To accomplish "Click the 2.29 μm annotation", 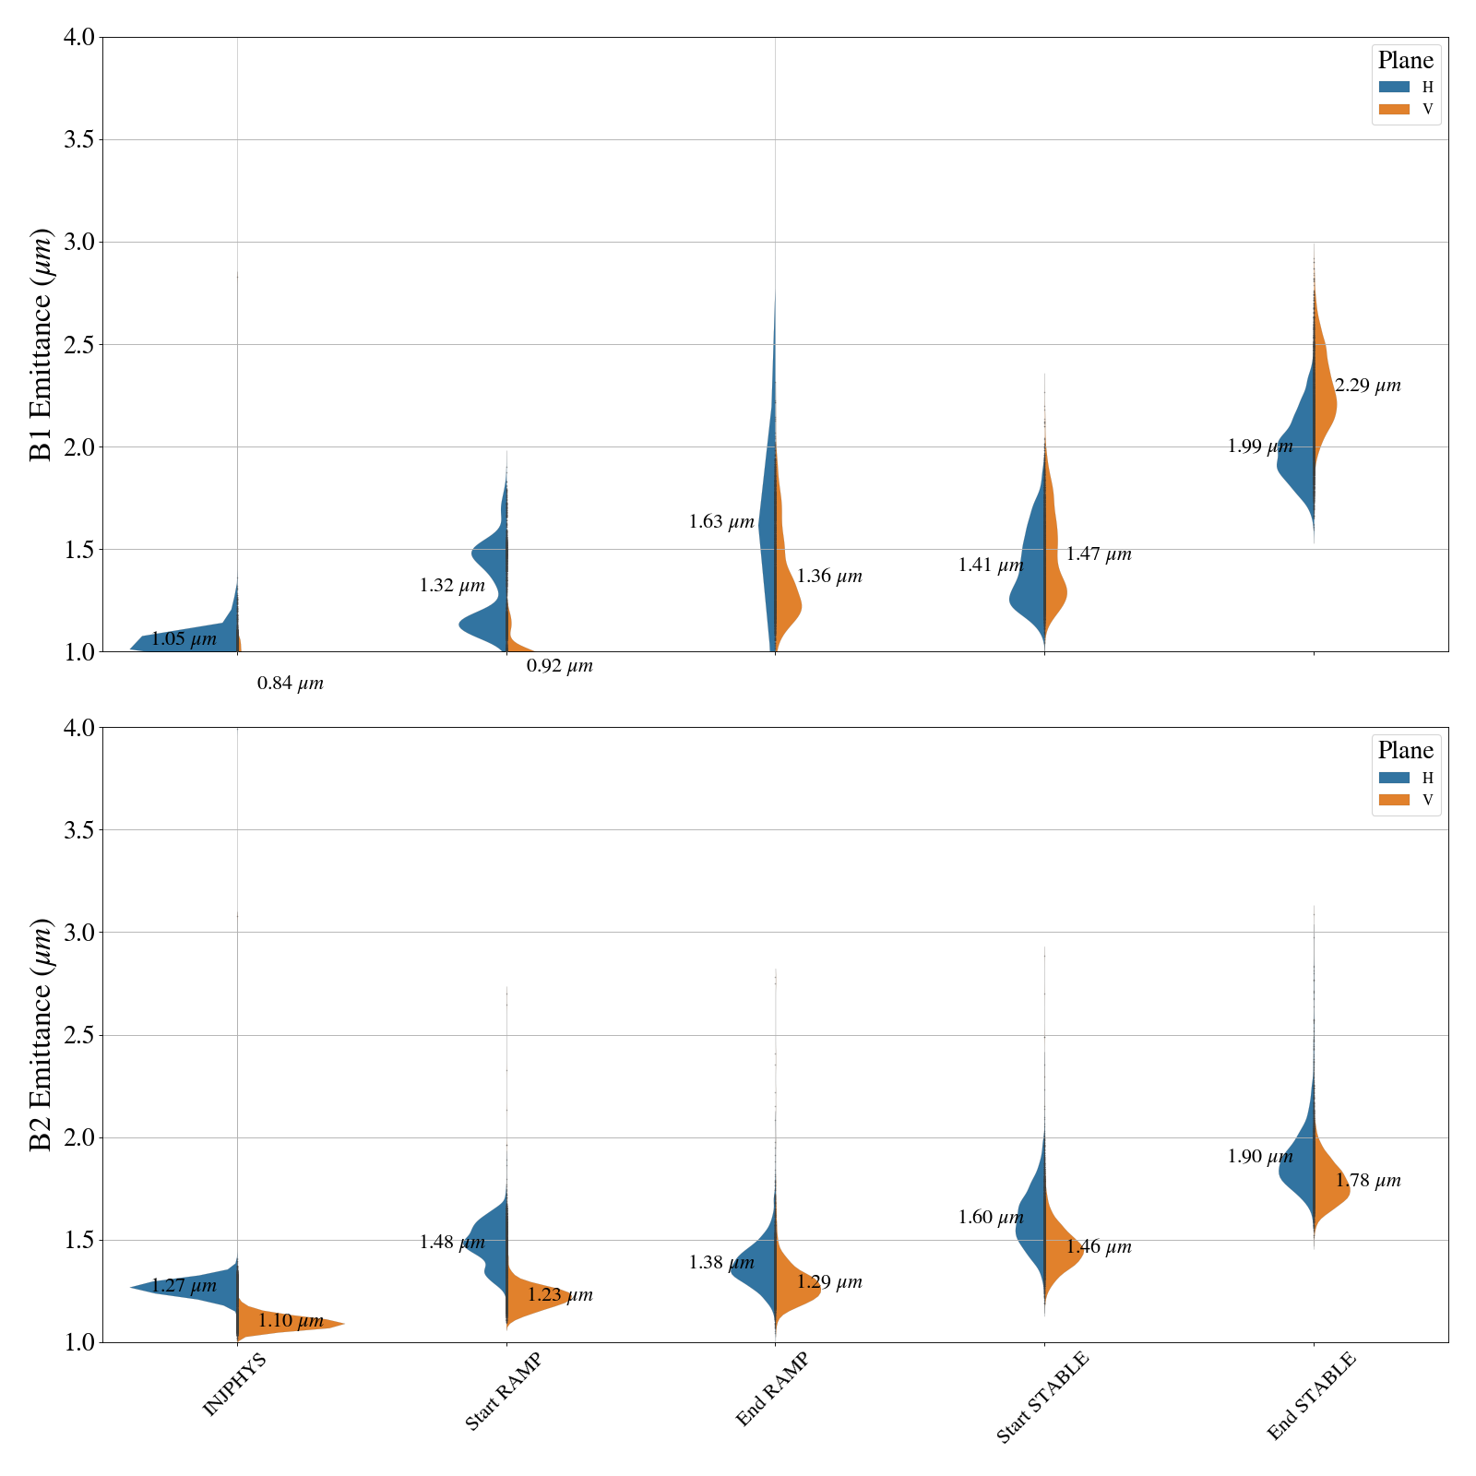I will tap(1367, 387).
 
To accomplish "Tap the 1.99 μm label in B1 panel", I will tap(1260, 447).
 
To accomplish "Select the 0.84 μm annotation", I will tap(291, 684).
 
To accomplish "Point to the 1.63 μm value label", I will tap(721, 523).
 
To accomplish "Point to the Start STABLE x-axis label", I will tap(1043, 1397).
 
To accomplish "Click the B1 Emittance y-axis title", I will tap(42, 344).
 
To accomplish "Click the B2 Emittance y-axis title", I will tap(42, 1034).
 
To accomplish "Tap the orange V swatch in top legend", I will tap(1394, 110).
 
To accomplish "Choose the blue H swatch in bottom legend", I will tap(1394, 778).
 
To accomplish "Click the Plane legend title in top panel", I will tap(1405, 61).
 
